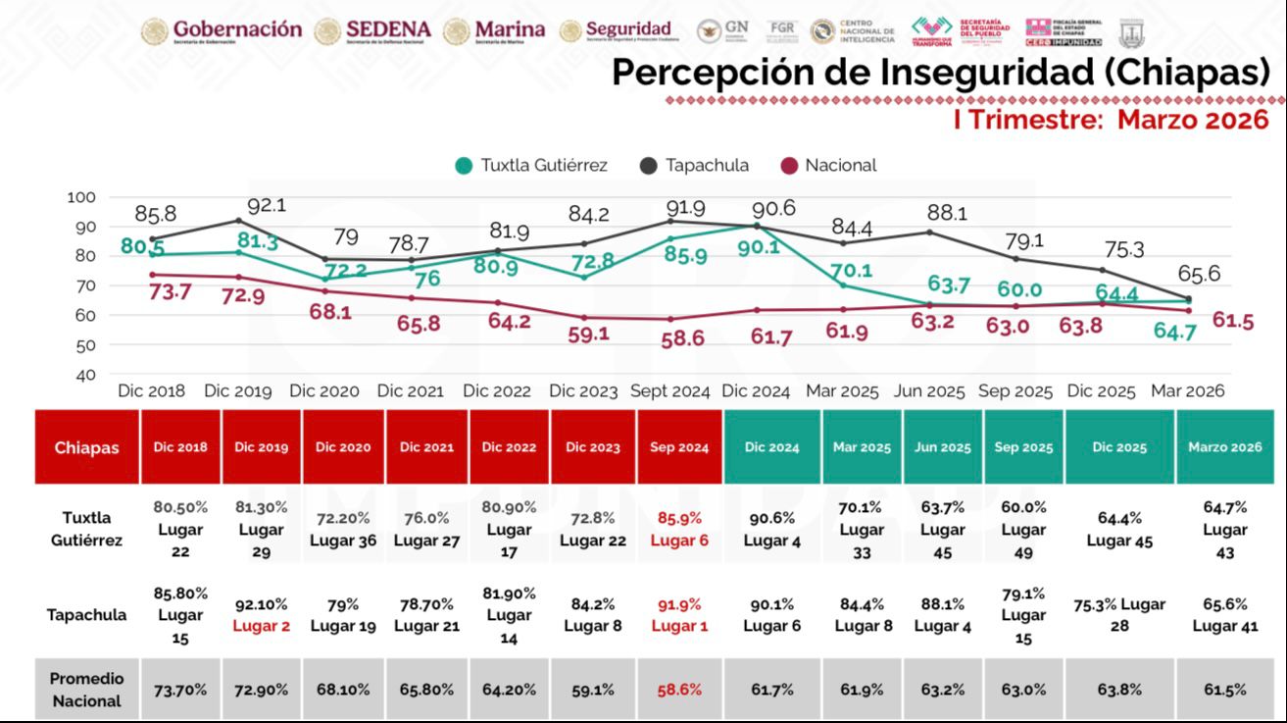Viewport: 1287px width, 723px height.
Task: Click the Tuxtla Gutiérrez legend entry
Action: tap(531, 166)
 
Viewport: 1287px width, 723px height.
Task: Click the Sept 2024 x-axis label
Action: tap(669, 391)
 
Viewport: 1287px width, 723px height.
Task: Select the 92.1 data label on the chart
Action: tap(266, 207)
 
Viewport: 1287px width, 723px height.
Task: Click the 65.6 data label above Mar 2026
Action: tap(1199, 275)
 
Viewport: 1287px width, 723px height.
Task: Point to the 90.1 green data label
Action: tap(759, 247)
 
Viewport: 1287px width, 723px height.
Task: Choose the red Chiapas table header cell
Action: tap(86, 447)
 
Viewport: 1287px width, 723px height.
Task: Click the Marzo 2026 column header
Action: tap(1224, 447)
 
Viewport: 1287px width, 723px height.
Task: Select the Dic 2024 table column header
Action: tap(771, 447)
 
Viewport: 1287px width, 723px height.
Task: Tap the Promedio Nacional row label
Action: tap(86, 690)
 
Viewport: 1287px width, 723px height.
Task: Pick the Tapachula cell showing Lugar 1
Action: tap(679, 615)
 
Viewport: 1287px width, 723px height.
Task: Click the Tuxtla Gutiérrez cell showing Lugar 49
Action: tap(1023, 530)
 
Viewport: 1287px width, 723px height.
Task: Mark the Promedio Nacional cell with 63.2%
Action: tap(942, 690)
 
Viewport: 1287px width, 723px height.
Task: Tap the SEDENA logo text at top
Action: tap(387, 29)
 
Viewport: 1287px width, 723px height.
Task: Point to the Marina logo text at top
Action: tap(509, 29)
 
